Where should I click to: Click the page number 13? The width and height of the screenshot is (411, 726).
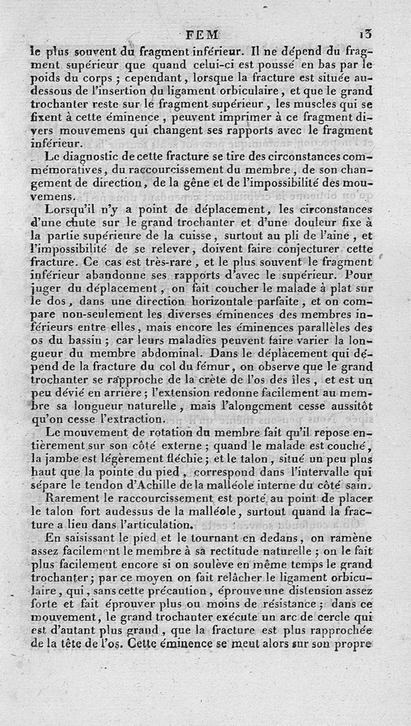point(369,35)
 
